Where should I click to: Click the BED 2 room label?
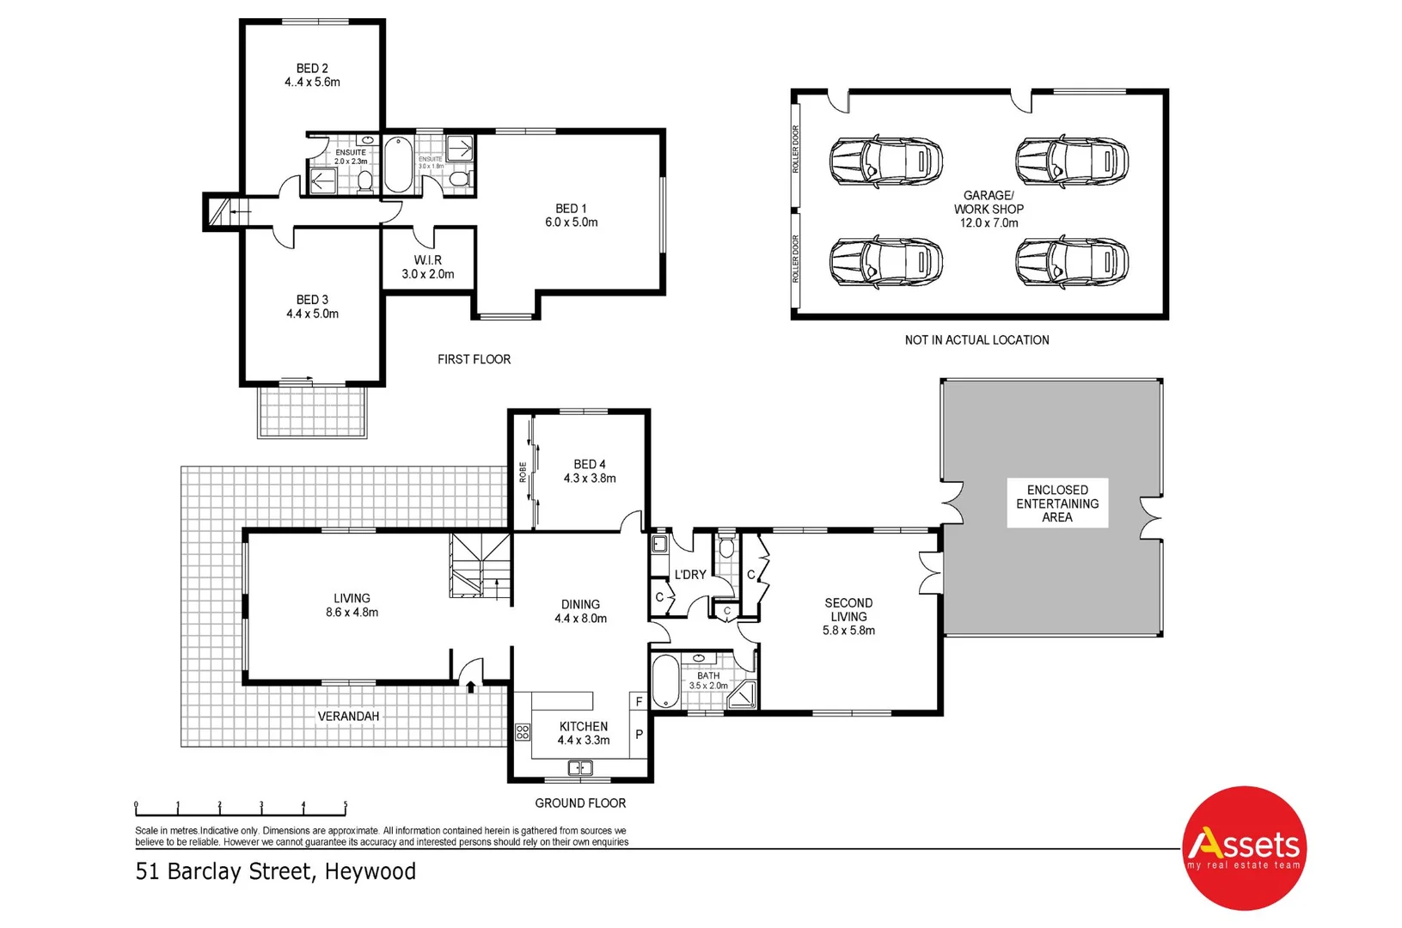click(312, 69)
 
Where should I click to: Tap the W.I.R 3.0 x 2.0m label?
click(428, 267)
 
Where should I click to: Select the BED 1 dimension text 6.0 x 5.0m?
click(572, 223)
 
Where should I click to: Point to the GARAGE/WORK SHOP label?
click(989, 203)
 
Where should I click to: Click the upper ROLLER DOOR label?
click(796, 149)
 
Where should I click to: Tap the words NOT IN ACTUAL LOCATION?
click(977, 340)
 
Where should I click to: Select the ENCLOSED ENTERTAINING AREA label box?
click(1057, 504)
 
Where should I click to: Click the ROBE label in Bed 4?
click(523, 472)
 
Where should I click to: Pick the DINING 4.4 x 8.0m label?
click(581, 612)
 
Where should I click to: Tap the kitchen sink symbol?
click(580, 768)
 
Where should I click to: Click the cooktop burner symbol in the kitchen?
click(523, 733)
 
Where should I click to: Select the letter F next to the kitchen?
click(639, 702)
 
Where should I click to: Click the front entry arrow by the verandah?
click(471, 686)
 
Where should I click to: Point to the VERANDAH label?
click(348, 717)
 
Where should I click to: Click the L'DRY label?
click(690, 575)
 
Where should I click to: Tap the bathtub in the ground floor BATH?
click(665, 681)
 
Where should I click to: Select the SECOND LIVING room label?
click(848, 610)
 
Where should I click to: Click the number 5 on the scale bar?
click(346, 806)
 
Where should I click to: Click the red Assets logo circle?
click(1244, 848)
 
